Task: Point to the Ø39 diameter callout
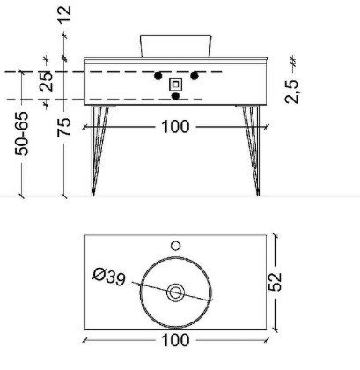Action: [108, 278]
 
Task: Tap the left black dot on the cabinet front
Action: [158, 76]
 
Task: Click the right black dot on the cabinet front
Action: [195, 76]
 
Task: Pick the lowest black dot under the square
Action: [176, 95]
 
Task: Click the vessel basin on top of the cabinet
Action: [175, 46]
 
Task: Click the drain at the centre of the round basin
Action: [175, 290]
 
